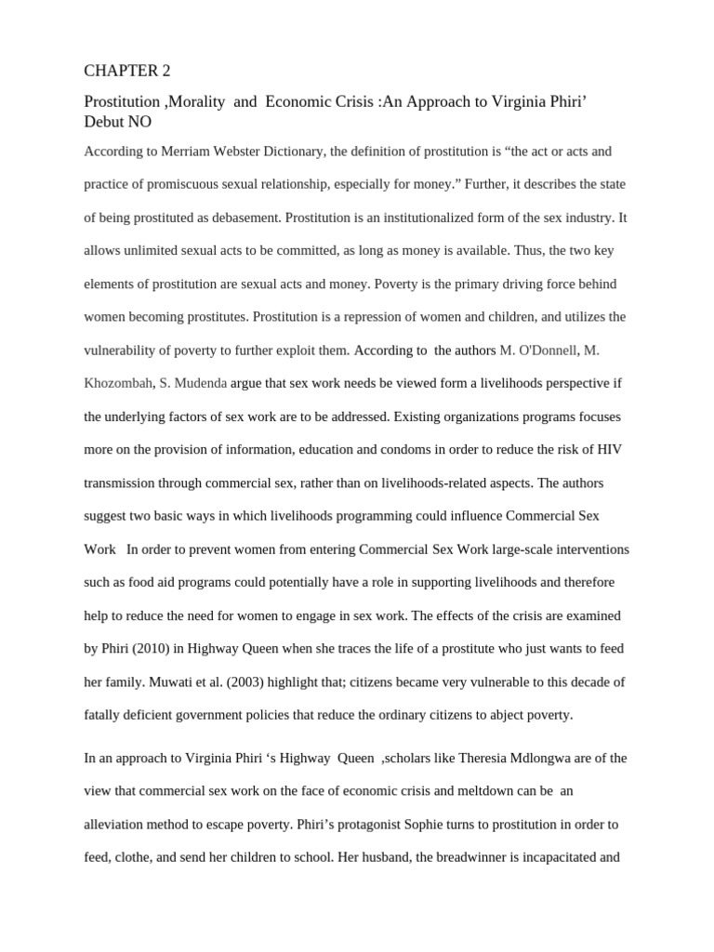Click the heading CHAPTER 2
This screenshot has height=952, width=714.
(x=127, y=71)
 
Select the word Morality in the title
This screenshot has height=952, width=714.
(x=196, y=102)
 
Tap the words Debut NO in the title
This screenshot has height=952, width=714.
(x=117, y=122)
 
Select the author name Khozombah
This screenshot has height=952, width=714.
(x=117, y=383)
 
